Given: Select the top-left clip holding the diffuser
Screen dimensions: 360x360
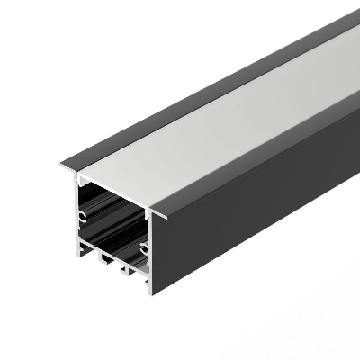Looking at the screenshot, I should [77, 176].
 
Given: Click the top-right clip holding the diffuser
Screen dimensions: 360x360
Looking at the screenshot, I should [148, 208].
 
